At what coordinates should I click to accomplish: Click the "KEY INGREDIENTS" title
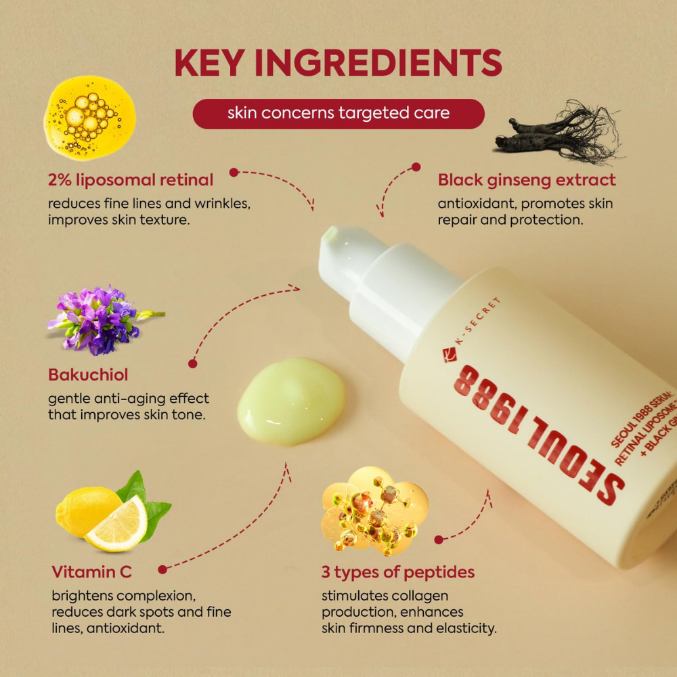338,63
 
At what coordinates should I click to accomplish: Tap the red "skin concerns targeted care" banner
338,113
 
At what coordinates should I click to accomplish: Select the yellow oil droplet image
89,118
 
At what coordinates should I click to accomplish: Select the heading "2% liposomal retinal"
131,180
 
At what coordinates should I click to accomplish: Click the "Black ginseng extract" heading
527,180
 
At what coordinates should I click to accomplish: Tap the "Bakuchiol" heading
88,374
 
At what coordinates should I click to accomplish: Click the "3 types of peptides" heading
398,572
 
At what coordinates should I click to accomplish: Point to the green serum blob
291,401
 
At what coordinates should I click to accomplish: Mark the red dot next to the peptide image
439,540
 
